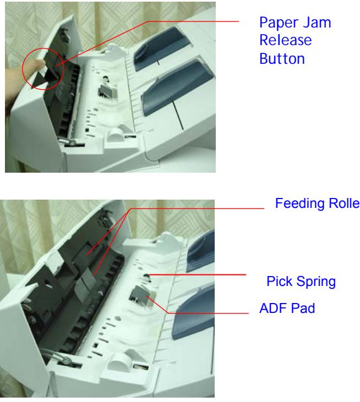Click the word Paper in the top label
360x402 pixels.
pyautogui.click(x=274, y=25)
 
